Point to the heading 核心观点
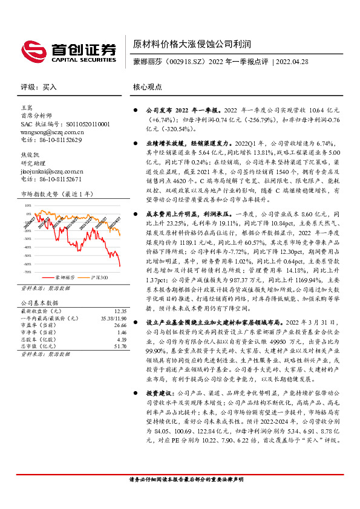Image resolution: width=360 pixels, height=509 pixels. (x=147, y=87)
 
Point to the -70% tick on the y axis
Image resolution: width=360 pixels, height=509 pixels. (x=27, y=264)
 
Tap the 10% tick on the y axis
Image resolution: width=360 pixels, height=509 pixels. (x=28, y=206)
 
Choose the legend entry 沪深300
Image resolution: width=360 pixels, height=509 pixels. (x=99, y=276)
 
